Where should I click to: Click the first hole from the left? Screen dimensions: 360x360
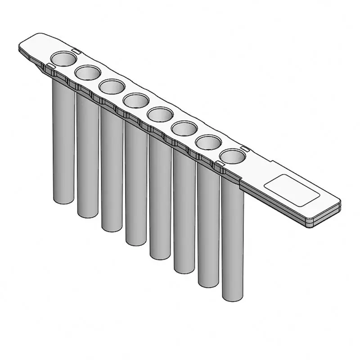point(63,58)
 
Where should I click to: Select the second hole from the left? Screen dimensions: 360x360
point(88,72)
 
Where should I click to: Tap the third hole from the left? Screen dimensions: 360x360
point(112,86)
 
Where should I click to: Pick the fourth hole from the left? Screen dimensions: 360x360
point(136,100)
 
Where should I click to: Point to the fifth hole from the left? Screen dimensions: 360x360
point(160,114)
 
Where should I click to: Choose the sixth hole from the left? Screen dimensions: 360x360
point(184,129)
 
